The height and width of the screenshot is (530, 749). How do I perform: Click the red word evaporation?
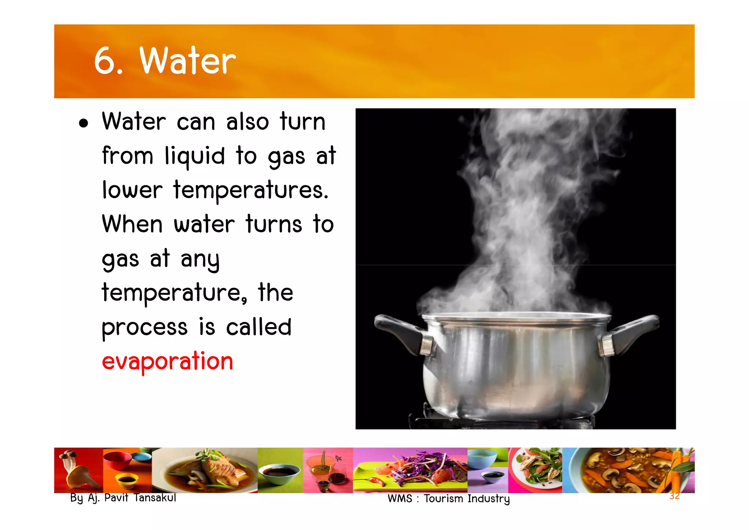tap(167, 361)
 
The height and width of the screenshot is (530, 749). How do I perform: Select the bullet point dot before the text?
tap(84, 123)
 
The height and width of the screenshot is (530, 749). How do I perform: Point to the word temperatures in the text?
tap(251, 190)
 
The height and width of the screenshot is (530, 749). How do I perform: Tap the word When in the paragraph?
tap(132, 224)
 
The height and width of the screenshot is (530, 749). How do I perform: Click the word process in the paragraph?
tap(144, 327)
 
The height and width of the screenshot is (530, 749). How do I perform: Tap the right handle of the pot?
tap(633, 331)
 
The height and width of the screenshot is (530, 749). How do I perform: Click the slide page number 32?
tap(674, 496)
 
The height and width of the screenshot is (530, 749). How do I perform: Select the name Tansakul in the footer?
tap(155, 498)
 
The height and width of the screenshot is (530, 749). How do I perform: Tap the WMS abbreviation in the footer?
tap(400, 499)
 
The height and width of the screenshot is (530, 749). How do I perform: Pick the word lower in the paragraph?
tap(132, 190)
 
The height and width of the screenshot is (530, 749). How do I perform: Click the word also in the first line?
tap(248, 122)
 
